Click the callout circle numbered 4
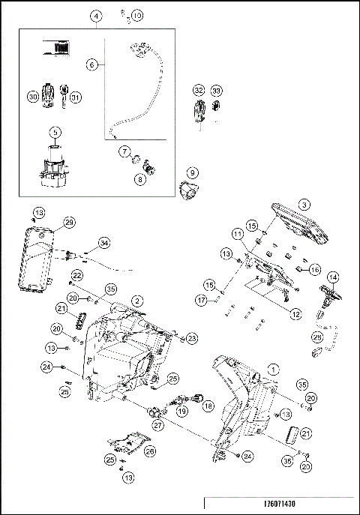tap(96, 16)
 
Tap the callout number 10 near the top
tap(136, 15)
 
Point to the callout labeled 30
tap(32, 97)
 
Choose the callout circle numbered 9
tap(191, 172)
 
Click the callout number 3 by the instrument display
tap(304, 204)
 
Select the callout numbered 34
tap(104, 242)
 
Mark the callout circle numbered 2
tap(136, 300)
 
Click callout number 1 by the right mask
tap(273, 369)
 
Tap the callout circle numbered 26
tap(150, 451)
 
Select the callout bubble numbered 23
tap(193, 339)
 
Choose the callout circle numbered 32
tap(198, 90)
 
